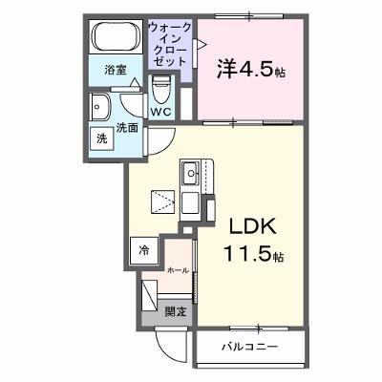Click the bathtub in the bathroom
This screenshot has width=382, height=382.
tap(116, 36)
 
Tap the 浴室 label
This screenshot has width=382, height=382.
tap(116, 70)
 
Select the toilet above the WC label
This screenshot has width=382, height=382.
tap(160, 89)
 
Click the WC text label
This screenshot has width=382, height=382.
tap(161, 112)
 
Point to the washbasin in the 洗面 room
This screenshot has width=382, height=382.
tap(100, 107)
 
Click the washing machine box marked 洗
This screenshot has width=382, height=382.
tap(101, 138)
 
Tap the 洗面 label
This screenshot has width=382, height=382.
tap(127, 128)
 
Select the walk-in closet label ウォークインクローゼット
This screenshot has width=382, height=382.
tap(170, 44)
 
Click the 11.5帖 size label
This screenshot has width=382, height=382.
tap(254, 253)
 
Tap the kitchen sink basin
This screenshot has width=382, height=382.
tap(191, 173)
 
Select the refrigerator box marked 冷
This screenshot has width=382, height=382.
tap(144, 250)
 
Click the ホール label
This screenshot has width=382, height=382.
tap(178, 270)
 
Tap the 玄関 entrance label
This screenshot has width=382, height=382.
tap(175, 312)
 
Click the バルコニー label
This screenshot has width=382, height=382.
tap(249, 346)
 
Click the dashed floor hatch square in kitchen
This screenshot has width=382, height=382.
tap(162, 202)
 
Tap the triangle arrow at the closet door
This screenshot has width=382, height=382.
tap(202, 44)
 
